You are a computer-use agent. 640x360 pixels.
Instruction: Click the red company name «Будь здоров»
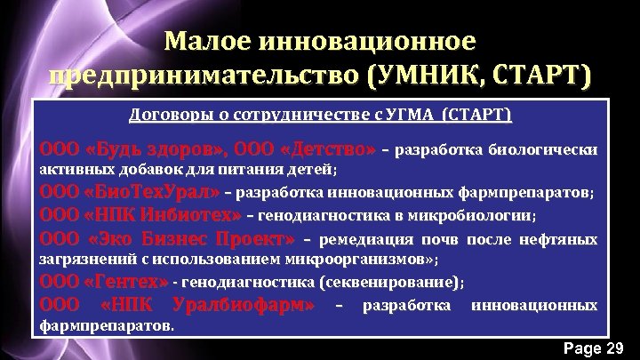160,148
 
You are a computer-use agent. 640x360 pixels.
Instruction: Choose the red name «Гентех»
125,283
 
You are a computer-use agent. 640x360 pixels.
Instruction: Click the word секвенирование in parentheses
388,284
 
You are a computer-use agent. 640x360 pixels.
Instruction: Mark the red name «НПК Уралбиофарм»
207,306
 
